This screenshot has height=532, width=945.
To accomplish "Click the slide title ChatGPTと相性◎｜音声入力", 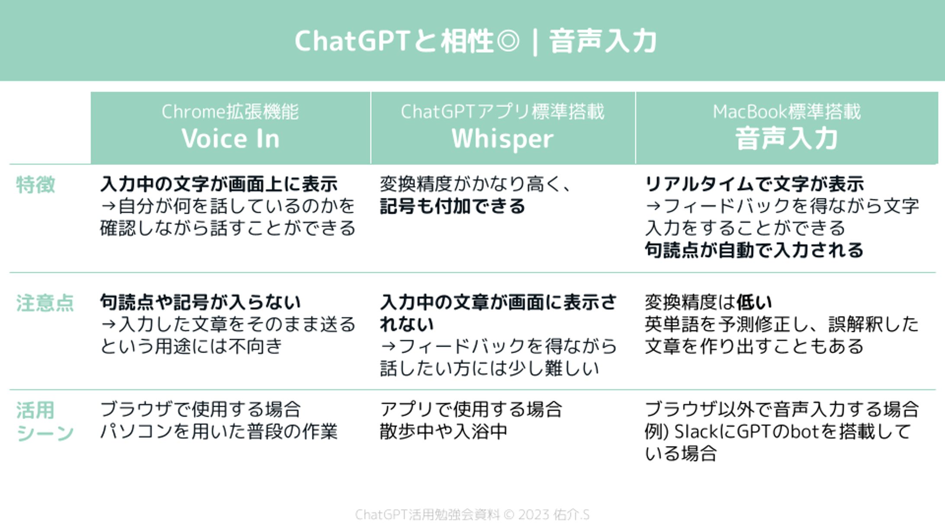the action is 476,42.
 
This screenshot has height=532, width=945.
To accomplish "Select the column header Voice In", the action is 231,139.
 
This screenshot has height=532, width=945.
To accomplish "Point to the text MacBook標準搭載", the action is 787,112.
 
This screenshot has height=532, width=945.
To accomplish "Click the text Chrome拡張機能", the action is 230,112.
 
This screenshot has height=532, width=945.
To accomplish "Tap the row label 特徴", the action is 35,185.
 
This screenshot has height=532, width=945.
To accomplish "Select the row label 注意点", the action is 45,303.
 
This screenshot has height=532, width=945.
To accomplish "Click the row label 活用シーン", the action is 45,421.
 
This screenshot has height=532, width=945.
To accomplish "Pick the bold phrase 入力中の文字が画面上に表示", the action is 219,184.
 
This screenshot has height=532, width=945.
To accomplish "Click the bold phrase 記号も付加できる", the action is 452,206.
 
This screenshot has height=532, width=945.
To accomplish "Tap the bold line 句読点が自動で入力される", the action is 754,250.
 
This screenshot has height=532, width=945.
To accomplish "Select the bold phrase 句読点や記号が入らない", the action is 200,302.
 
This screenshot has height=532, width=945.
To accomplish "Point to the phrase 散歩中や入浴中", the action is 444,431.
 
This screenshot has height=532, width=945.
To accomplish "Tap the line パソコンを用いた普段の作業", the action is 219,431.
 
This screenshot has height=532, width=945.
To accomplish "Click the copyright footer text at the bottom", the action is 472,515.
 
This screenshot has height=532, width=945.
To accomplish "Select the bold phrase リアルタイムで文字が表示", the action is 754,184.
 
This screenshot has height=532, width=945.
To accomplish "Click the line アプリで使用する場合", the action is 471,409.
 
